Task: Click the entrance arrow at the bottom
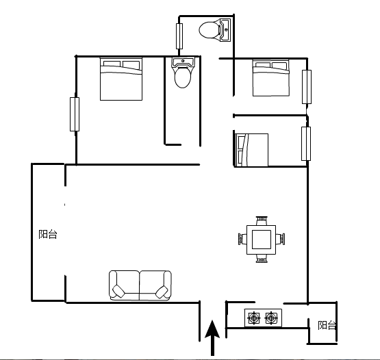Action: pos(212,337)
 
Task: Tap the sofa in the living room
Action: pos(140,285)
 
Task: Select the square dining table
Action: pos(262,240)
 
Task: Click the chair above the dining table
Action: pos(262,220)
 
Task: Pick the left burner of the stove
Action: pos(254,318)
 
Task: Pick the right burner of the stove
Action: pos(271,318)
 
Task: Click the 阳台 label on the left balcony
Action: pos(48,234)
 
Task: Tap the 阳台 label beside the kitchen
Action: pos(327,325)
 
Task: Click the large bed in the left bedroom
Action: pos(121,79)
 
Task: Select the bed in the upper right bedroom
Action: pos(271,78)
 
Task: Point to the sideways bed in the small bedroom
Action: pos(252,150)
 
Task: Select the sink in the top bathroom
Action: pos(225,30)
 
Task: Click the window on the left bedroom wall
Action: pos(75,114)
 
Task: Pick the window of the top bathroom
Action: pos(179,36)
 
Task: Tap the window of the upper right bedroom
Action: pos(307,87)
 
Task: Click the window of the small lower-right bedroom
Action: pos(306,144)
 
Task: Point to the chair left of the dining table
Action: pos(242,239)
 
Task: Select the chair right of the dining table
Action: pos(281,239)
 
